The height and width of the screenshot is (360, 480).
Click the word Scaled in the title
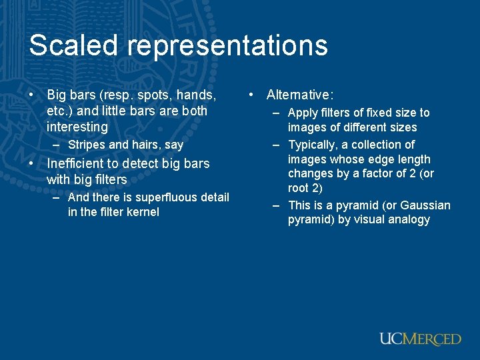click(x=73, y=46)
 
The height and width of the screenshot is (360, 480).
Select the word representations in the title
click(x=226, y=46)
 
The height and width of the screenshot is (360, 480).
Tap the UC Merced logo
click(x=420, y=339)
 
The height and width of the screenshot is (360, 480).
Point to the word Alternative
click(x=299, y=95)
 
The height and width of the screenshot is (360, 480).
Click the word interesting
click(x=77, y=127)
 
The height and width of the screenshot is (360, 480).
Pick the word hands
click(x=198, y=95)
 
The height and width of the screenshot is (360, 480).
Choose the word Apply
click(x=303, y=113)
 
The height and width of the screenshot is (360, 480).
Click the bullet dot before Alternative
click(x=251, y=95)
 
